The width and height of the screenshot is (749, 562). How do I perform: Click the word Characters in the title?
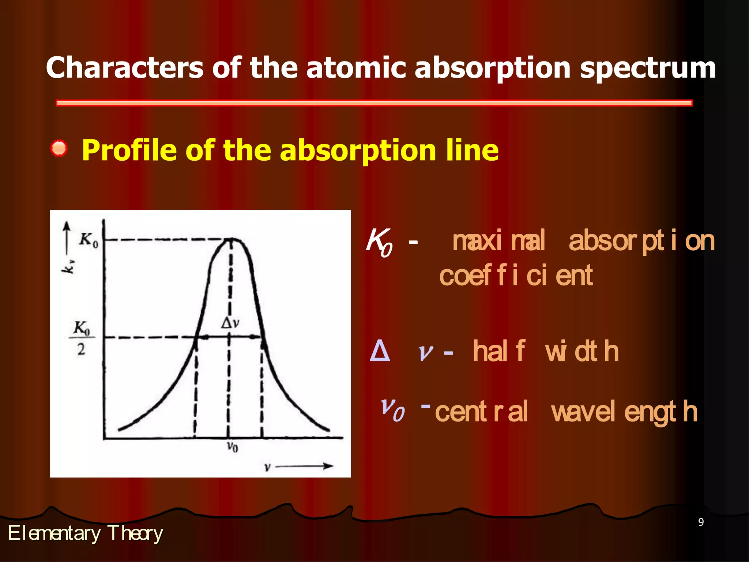pos(124,68)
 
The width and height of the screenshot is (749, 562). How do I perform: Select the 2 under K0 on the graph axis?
pos(81,349)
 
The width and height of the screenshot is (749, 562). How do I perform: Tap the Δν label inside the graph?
pos(230,323)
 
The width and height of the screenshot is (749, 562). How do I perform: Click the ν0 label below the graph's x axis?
pos(232,447)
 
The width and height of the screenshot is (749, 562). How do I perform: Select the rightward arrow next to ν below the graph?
pos(305,466)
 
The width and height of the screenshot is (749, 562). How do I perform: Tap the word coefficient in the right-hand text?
pos(516,276)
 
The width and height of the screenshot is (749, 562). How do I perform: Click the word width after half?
pos(581,351)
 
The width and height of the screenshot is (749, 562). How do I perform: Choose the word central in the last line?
pos(481,411)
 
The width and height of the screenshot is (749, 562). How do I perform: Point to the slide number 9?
pos(701,522)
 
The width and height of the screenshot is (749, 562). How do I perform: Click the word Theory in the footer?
pos(135,533)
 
